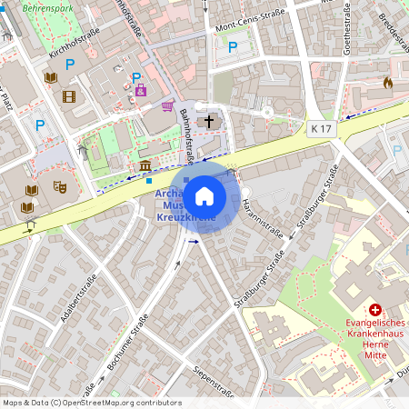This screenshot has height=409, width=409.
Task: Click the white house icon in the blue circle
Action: (x=204, y=195)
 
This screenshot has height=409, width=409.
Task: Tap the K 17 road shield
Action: (x=321, y=129)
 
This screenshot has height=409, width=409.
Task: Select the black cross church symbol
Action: (x=210, y=120)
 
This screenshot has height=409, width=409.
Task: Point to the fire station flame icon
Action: (x=388, y=83)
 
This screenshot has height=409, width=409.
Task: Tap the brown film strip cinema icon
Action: (x=69, y=95)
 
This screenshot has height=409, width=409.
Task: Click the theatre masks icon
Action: (x=61, y=185)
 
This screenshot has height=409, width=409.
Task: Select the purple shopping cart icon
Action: (x=167, y=105)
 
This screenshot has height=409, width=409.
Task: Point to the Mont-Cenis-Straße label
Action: (x=249, y=29)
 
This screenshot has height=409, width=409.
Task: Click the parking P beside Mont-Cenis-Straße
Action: (x=233, y=46)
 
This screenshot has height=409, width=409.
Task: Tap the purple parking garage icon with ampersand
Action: (x=140, y=90)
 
